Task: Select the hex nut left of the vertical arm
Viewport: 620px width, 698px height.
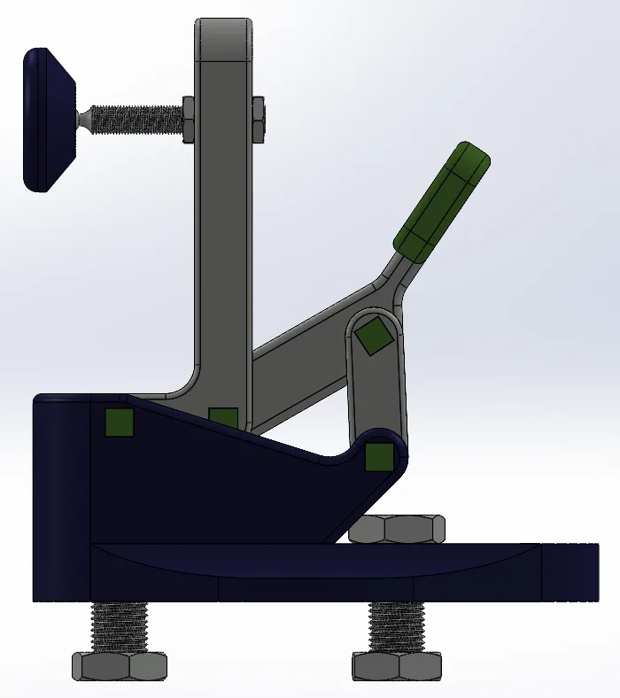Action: (x=189, y=120)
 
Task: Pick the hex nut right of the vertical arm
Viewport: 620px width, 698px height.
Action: (x=257, y=120)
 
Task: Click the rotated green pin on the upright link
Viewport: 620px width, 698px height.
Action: (x=374, y=336)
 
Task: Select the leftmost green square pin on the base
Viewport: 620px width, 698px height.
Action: (x=119, y=423)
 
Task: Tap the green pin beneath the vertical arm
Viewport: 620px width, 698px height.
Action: (x=223, y=417)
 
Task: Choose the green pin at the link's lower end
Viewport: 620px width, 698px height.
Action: (x=379, y=456)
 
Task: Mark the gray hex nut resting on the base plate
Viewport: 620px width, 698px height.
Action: (x=397, y=529)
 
